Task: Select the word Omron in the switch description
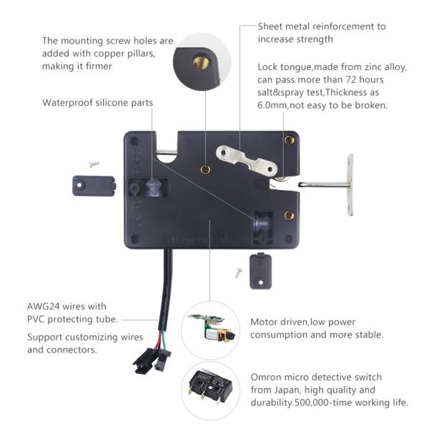click(266, 377)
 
